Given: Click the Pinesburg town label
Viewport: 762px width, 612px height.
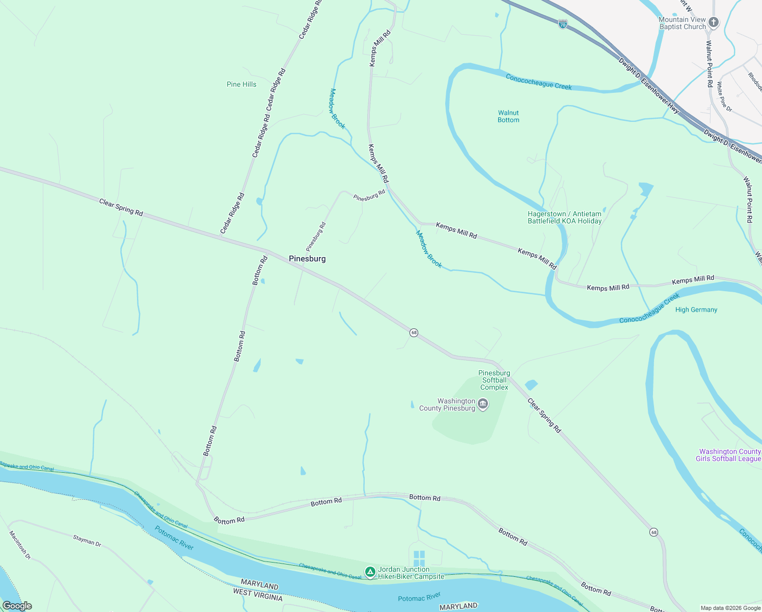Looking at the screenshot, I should (307, 259).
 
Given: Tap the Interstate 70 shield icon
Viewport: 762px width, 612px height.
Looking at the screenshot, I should (562, 24).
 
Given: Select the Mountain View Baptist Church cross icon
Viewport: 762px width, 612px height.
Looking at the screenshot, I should (714, 22).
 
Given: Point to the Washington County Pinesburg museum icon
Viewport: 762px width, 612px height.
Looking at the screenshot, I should (483, 404).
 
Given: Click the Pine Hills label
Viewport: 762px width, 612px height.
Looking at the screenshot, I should (241, 84).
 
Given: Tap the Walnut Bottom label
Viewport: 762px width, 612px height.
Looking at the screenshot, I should (508, 116).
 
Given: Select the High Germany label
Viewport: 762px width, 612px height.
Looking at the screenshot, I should (696, 310).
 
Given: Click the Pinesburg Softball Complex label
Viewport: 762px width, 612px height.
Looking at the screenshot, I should (494, 380).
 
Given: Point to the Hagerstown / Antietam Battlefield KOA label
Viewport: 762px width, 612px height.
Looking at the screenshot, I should (564, 217).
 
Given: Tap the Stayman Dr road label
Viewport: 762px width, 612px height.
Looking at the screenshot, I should (87, 541).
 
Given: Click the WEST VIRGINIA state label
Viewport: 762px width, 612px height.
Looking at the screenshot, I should (258, 594).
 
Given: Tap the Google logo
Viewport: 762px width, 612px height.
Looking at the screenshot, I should (17, 606).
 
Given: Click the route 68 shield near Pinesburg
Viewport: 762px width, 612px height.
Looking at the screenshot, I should (414, 333).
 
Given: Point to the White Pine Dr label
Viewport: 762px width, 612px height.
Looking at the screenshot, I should (724, 96).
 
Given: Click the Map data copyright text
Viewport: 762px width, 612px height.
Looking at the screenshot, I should (730, 608).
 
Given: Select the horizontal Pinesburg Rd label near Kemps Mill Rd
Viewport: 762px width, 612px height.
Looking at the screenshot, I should (369, 195).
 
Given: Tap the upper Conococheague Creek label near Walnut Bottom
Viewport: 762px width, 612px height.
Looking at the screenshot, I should (538, 82).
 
